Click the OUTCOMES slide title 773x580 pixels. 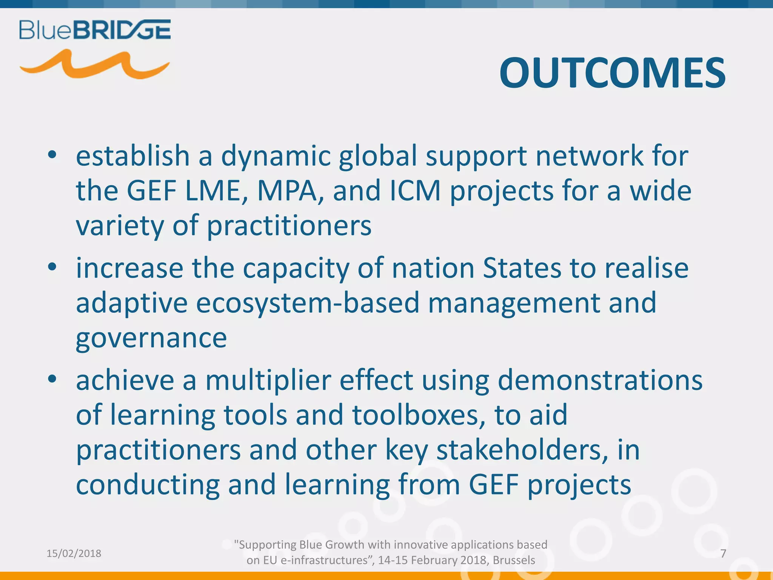click(612, 73)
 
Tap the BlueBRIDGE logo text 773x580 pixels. click(95, 30)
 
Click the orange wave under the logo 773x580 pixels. click(94, 65)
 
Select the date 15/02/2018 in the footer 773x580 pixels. click(74, 554)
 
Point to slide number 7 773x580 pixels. click(723, 554)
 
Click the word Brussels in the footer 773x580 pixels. click(514, 560)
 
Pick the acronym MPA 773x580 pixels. click(287, 190)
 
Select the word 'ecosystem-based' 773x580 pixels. click(308, 303)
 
